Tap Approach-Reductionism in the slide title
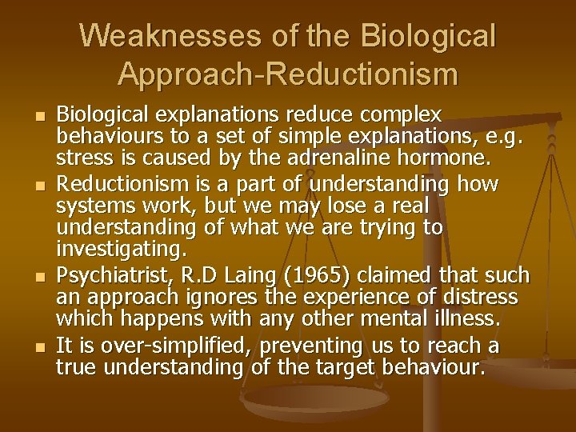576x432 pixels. (288, 74)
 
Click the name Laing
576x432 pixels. (245, 276)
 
